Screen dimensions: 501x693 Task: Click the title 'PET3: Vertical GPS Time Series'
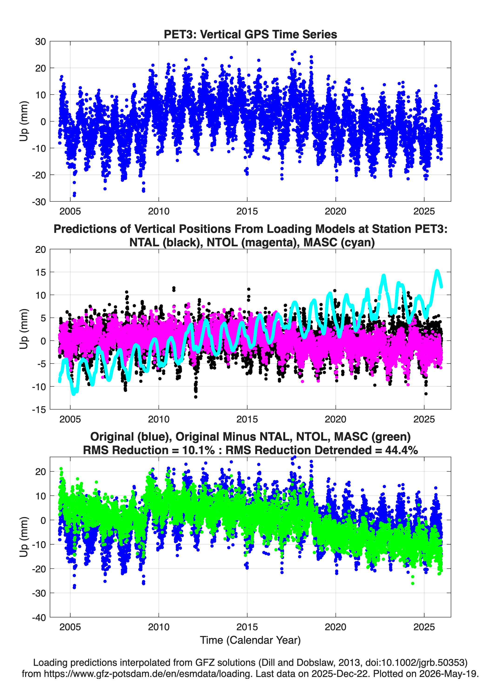coord(250,34)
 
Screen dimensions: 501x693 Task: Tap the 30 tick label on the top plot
coord(40,42)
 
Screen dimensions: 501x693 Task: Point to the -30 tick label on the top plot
coord(39,202)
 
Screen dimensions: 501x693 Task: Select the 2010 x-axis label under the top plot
coord(158,211)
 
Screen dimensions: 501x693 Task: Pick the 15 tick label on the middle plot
coord(40,272)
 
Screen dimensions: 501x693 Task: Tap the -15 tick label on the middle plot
coord(39,409)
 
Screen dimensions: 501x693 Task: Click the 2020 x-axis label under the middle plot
coord(336,419)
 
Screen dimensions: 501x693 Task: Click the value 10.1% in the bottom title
coord(198,450)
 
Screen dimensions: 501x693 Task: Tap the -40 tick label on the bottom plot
coord(39,617)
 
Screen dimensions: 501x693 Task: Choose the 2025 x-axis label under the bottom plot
coord(424,627)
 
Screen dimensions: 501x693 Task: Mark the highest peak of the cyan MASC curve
coord(437,271)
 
